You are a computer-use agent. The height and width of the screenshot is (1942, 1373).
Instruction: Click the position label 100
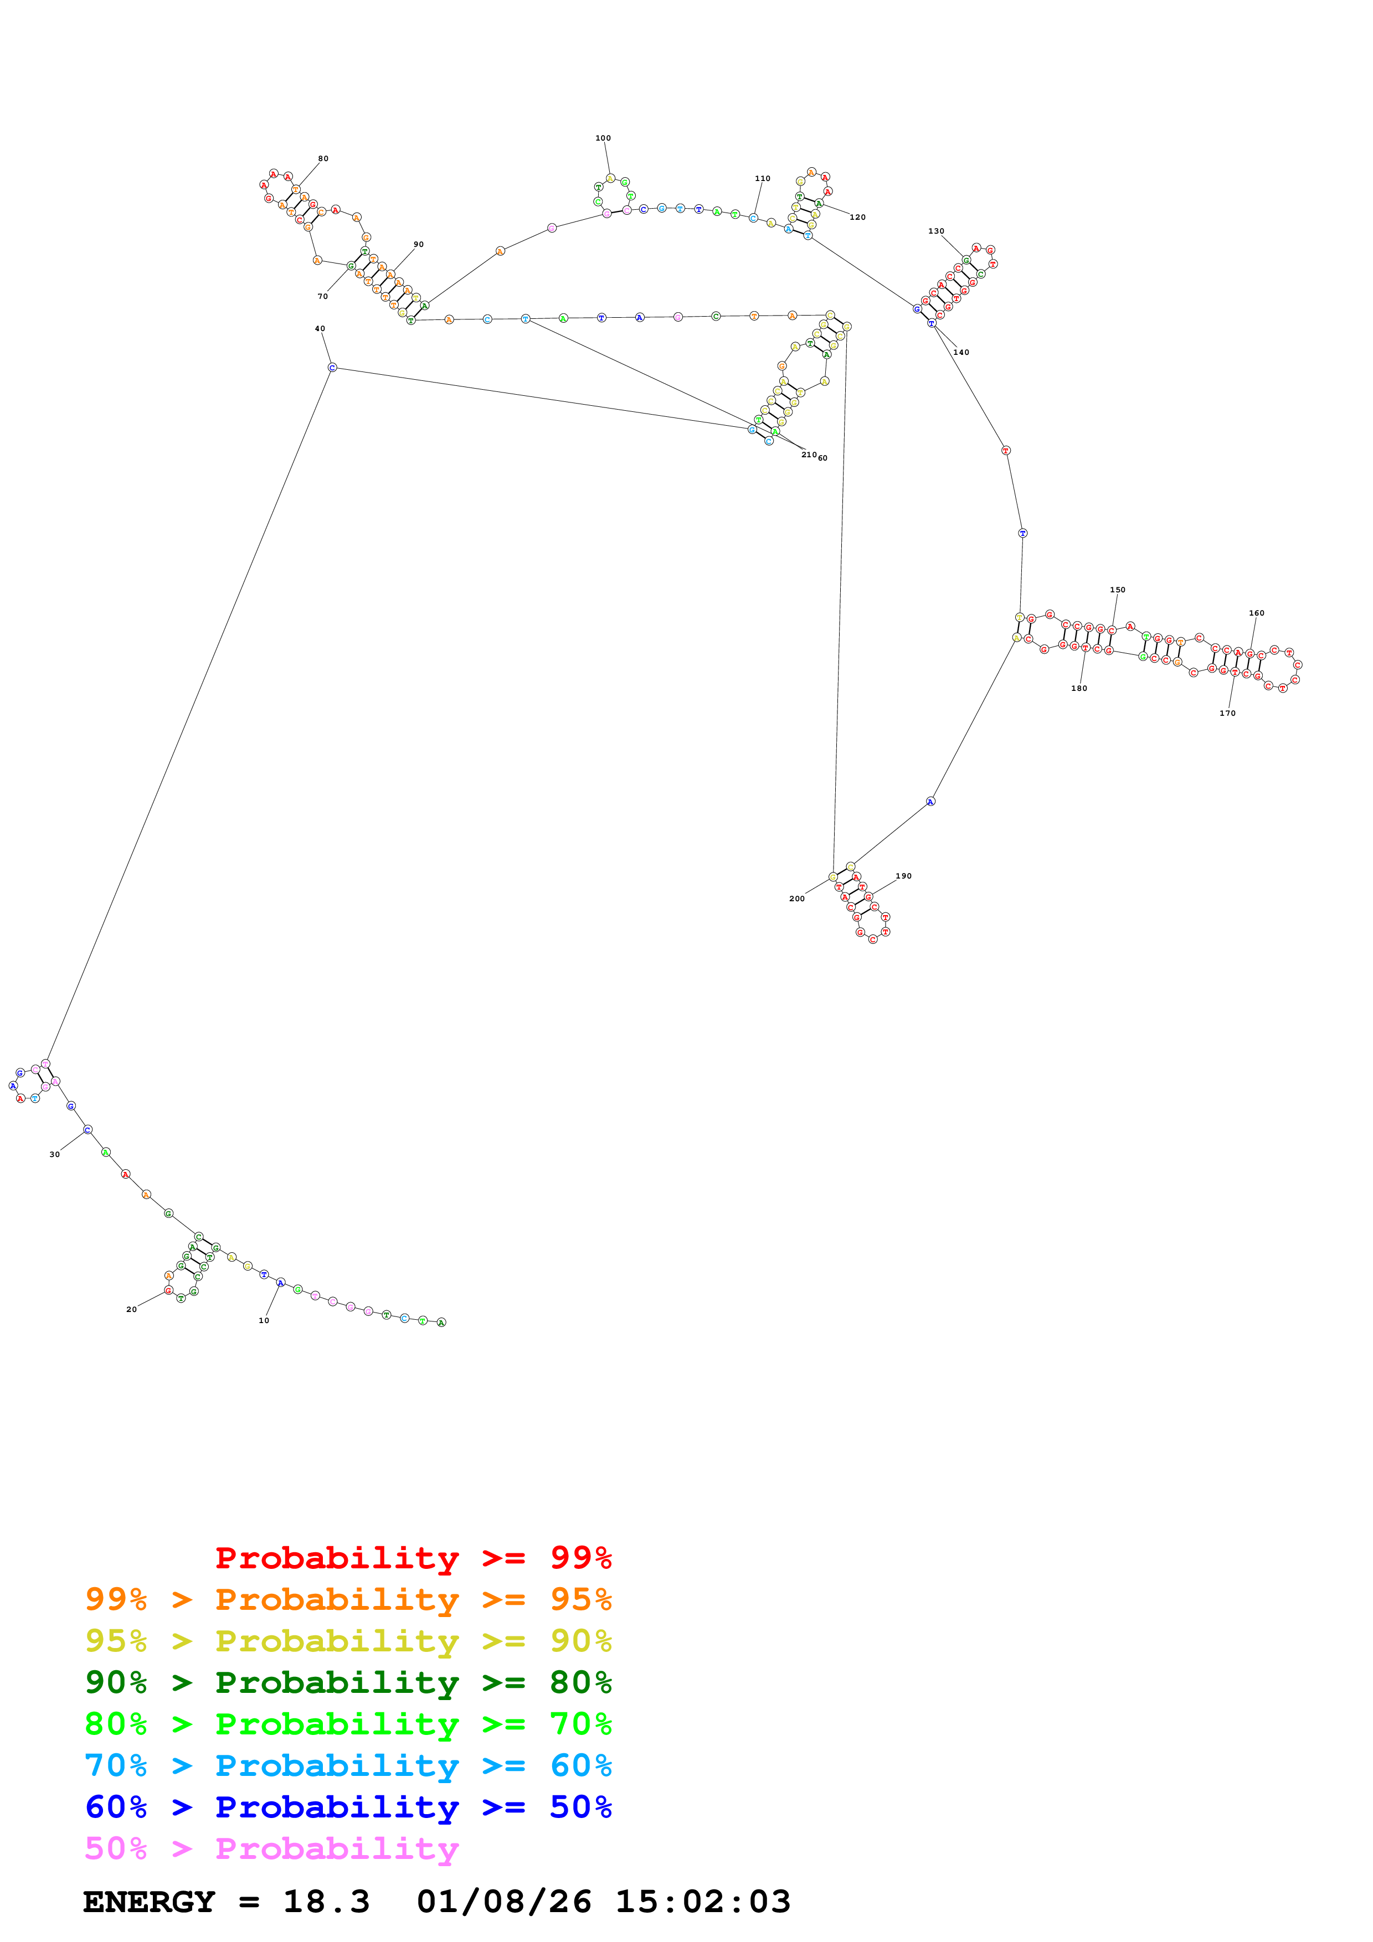(x=603, y=138)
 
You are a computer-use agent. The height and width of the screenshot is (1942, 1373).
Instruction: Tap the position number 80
(x=323, y=158)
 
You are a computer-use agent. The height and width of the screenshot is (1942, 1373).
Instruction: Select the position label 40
(x=320, y=328)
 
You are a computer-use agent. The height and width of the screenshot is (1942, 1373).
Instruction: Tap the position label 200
(x=797, y=898)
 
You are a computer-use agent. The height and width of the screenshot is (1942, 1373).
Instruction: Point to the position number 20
(x=131, y=1309)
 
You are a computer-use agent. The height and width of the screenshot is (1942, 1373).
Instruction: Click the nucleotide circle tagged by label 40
(x=332, y=367)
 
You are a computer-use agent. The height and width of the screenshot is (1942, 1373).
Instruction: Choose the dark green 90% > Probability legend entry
(x=348, y=1682)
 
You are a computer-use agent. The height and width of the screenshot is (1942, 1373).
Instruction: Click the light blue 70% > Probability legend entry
(x=348, y=1766)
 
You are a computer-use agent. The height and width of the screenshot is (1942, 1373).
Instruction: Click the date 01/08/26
(x=504, y=1902)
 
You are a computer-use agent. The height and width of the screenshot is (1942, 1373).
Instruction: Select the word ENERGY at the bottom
(x=149, y=1902)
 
